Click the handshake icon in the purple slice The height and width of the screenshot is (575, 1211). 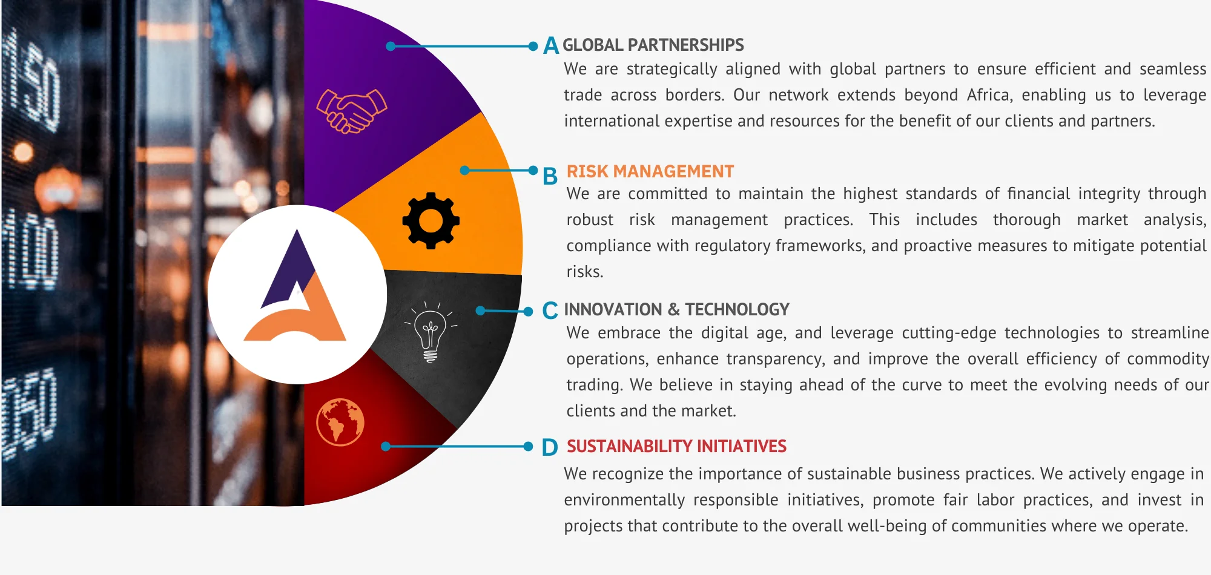click(351, 111)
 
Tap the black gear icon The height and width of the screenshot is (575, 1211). click(431, 220)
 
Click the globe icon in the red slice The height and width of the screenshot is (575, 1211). click(340, 422)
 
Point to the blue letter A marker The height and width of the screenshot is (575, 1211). click(551, 45)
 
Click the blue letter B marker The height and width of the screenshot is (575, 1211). click(550, 176)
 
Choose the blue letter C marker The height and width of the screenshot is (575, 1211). click(550, 310)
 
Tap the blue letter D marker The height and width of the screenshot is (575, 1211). click(550, 447)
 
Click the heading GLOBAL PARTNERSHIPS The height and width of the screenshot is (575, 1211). click(653, 45)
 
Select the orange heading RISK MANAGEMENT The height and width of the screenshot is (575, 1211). click(650, 171)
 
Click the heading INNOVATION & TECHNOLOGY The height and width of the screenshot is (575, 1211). click(677, 309)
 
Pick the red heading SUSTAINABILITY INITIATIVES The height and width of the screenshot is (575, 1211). click(676, 446)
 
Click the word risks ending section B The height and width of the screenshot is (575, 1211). click(585, 272)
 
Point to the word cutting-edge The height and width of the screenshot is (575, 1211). click(954, 333)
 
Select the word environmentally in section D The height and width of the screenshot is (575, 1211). click(624, 500)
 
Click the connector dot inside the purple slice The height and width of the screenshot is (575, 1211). click(391, 46)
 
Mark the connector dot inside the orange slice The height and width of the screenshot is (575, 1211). click(464, 170)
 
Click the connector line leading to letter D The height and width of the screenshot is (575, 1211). click(457, 447)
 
